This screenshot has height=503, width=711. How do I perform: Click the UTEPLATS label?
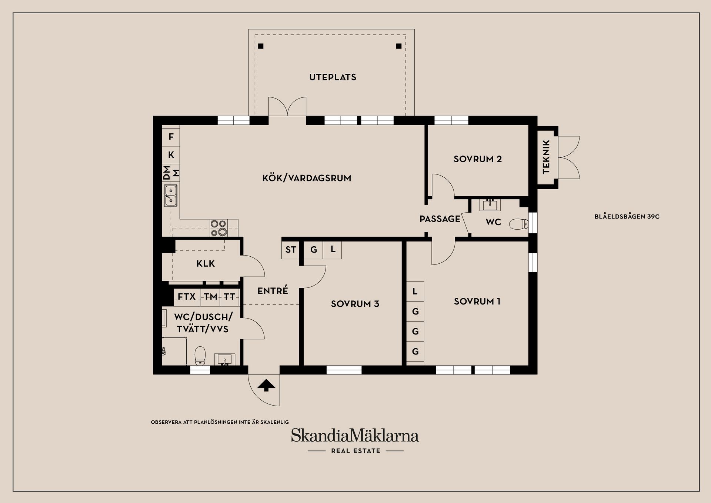click(x=333, y=77)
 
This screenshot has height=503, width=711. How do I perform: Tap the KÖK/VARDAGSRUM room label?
click(x=307, y=178)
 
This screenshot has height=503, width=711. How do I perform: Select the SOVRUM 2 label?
click(x=478, y=159)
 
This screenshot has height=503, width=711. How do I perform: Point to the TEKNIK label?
click(x=546, y=157)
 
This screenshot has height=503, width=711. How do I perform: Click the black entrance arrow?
click(x=266, y=385)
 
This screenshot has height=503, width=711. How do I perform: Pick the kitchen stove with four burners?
click(x=218, y=228)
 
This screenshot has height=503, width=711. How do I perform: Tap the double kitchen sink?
click(x=171, y=195)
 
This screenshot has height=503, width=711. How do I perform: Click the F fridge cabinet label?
click(x=171, y=137)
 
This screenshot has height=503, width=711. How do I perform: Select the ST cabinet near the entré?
click(x=290, y=250)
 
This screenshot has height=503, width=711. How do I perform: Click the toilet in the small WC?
click(x=519, y=224)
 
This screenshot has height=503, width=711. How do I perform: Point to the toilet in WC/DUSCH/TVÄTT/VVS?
click(x=200, y=355)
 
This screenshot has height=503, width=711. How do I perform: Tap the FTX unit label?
click(x=187, y=297)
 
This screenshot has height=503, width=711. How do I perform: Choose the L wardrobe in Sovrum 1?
click(x=415, y=292)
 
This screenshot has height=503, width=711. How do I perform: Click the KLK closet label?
click(x=206, y=263)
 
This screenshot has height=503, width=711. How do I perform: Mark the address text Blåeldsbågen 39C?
click(x=627, y=217)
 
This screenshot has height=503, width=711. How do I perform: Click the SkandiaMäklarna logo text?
click(x=355, y=435)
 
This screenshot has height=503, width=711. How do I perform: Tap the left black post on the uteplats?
click(x=261, y=46)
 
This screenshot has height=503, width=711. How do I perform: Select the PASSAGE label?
click(x=440, y=219)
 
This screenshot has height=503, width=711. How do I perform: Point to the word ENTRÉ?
click(x=273, y=291)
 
